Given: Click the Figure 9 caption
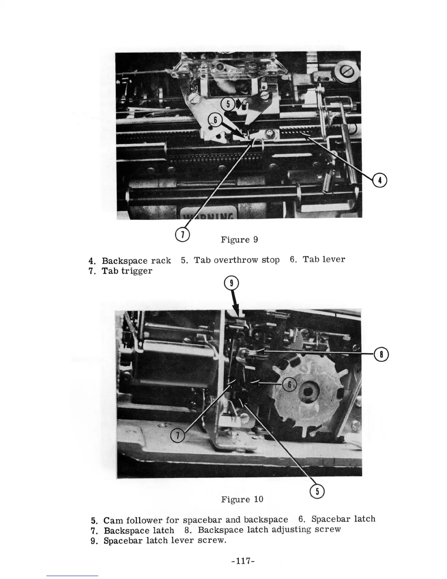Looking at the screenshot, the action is pyautogui.click(x=239, y=240).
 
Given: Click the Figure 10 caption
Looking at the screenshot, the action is pyautogui.click(x=242, y=499).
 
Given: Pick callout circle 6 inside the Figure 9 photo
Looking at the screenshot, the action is pyautogui.click(x=215, y=120).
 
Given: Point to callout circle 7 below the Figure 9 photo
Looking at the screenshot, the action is pyautogui.click(x=182, y=234).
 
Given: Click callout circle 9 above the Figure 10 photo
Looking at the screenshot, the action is pyautogui.click(x=232, y=283).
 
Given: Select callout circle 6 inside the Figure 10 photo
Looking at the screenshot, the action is pyautogui.click(x=289, y=384).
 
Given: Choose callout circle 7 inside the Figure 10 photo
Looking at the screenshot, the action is pyautogui.click(x=178, y=435).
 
